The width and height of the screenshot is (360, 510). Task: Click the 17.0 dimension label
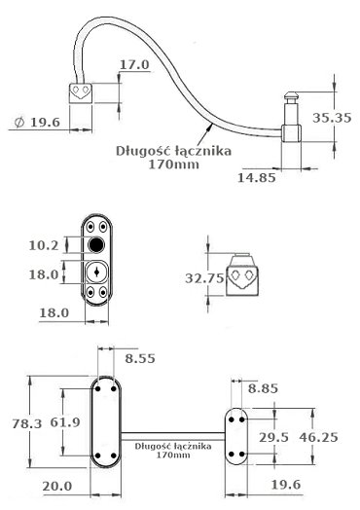point(134,65)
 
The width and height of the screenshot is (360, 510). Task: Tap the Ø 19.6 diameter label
point(37,123)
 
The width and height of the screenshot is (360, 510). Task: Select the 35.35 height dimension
point(332,118)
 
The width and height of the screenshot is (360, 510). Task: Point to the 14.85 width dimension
point(257,177)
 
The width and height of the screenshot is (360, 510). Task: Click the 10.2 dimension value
point(44,245)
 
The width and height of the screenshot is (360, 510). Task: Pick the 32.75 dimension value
point(205,278)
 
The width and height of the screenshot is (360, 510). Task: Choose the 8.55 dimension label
point(140,358)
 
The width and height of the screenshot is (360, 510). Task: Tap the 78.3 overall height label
point(27,423)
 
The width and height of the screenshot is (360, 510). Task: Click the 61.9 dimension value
point(65,422)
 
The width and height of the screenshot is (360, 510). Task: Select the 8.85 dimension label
point(263,388)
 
